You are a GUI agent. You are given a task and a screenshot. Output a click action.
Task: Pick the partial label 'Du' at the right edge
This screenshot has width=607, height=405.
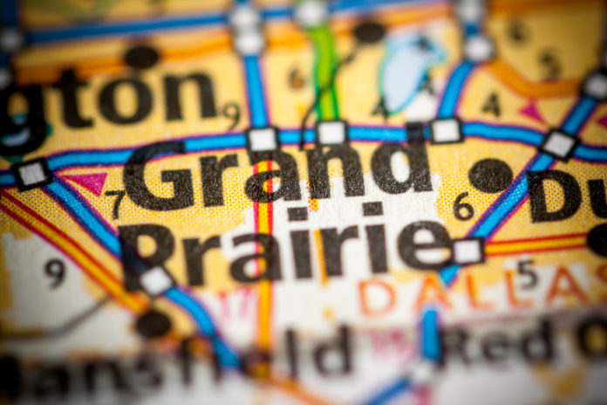pos(567,194)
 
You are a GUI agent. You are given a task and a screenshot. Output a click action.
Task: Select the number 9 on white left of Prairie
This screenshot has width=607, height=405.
pos(55,272)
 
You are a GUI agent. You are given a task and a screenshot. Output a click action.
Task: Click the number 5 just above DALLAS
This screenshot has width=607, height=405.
pos(527,273)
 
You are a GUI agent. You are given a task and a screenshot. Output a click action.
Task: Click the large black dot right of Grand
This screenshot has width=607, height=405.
pos(491,175)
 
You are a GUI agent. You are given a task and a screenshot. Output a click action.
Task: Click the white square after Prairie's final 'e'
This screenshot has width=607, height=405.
pos(468,251)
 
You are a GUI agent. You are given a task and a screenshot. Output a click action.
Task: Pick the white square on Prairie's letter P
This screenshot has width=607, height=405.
pos(157,280)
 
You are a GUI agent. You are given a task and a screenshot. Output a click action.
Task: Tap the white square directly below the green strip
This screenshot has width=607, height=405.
pos(331,133)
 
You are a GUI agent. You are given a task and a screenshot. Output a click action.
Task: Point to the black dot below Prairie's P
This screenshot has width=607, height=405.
pos(153,324)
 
